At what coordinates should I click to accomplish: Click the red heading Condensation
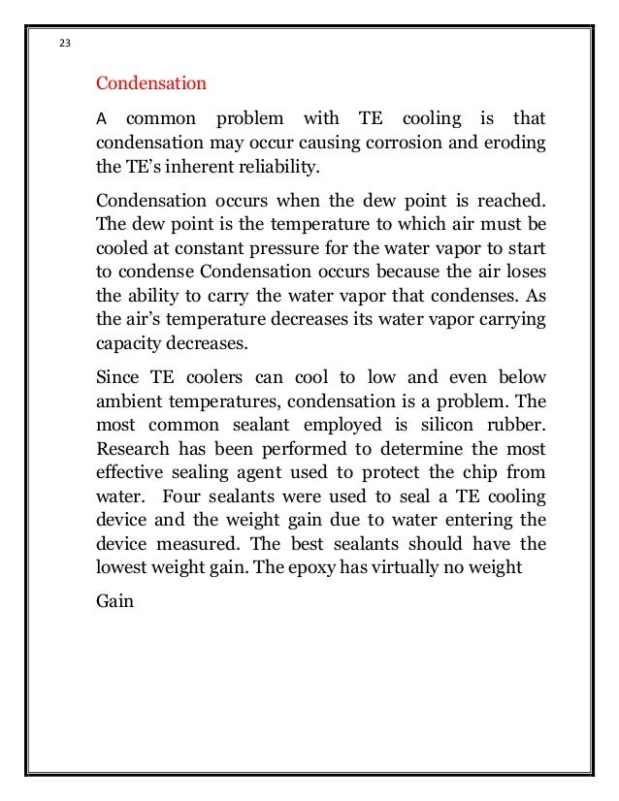pos(150,83)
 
